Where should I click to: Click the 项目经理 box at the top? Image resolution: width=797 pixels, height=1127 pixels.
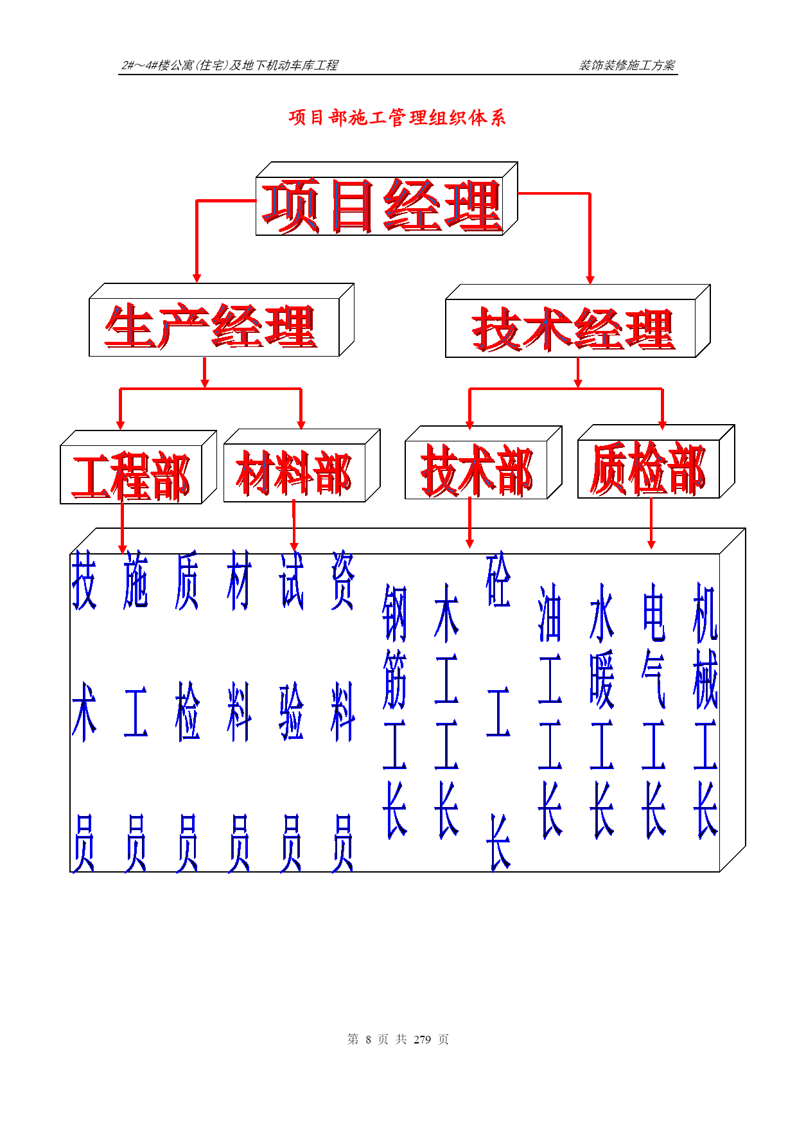pyautogui.click(x=387, y=199)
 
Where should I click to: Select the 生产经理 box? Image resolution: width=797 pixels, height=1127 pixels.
pyautogui.click(x=222, y=320)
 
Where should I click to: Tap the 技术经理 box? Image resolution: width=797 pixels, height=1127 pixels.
pyautogui.click(x=578, y=321)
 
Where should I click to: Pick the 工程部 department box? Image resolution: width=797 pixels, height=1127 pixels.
pyautogui.click(x=138, y=467)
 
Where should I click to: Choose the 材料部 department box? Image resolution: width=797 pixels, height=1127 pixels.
pyautogui.click(x=302, y=466)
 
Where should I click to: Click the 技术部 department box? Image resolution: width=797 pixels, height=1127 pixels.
pyautogui.click(x=484, y=463)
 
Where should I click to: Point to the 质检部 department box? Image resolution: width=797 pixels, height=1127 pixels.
pyautogui.click(x=656, y=461)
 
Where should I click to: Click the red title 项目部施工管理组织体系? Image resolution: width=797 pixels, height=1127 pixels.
pyautogui.click(x=398, y=118)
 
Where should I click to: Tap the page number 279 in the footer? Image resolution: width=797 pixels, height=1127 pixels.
pyautogui.click(x=422, y=1040)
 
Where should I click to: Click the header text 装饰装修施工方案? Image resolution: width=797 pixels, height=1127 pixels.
pyautogui.click(x=627, y=65)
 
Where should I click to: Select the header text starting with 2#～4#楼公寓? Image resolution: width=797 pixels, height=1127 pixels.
pyautogui.click(x=229, y=65)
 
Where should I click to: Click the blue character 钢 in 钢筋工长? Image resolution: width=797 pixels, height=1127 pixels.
pyautogui.click(x=394, y=613)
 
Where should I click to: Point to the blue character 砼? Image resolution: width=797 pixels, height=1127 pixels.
pyautogui.click(x=498, y=580)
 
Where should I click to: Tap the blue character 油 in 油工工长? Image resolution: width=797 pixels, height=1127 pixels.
pyautogui.click(x=550, y=613)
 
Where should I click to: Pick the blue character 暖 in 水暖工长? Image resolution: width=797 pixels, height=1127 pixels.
pyautogui.click(x=602, y=679)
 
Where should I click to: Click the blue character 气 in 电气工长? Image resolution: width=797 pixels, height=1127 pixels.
pyautogui.click(x=653, y=679)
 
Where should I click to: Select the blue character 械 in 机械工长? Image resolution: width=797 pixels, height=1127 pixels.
pyautogui.click(x=705, y=679)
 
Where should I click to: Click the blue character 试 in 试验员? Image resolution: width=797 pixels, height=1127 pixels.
pyautogui.click(x=291, y=580)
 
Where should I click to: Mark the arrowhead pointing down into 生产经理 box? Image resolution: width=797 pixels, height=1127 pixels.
pyautogui.click(x=197, y=278)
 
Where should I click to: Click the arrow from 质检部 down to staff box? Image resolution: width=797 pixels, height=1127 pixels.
pyautogui.click(x=651, y=524)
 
